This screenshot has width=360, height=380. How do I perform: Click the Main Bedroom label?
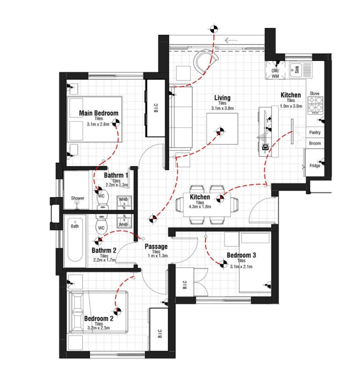point(98,113)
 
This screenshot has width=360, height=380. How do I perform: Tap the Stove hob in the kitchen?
point(315,106)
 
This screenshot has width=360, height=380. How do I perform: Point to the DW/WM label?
point(275,74)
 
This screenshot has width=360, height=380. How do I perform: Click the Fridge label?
point(315,166)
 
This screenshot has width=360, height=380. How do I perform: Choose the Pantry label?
point(315,133)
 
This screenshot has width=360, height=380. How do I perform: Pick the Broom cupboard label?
point(315,143)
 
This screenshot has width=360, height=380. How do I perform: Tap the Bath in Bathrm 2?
point(75,239)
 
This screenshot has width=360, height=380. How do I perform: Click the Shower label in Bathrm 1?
point(77,198)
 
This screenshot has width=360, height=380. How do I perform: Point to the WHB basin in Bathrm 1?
point(124,202)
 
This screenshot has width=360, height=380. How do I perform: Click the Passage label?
point(156,246)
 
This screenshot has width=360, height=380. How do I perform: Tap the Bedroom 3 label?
point(241,255)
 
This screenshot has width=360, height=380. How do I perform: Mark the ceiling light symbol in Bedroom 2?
point(117,311)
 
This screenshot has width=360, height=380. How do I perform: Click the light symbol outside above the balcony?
point(214,29)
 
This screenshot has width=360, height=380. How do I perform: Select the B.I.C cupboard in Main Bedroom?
point(156,108)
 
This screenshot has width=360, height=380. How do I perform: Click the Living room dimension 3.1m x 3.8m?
point(222,108)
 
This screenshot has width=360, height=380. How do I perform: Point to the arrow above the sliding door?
point(231,40)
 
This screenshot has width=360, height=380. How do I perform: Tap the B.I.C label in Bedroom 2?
point(160,334)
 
